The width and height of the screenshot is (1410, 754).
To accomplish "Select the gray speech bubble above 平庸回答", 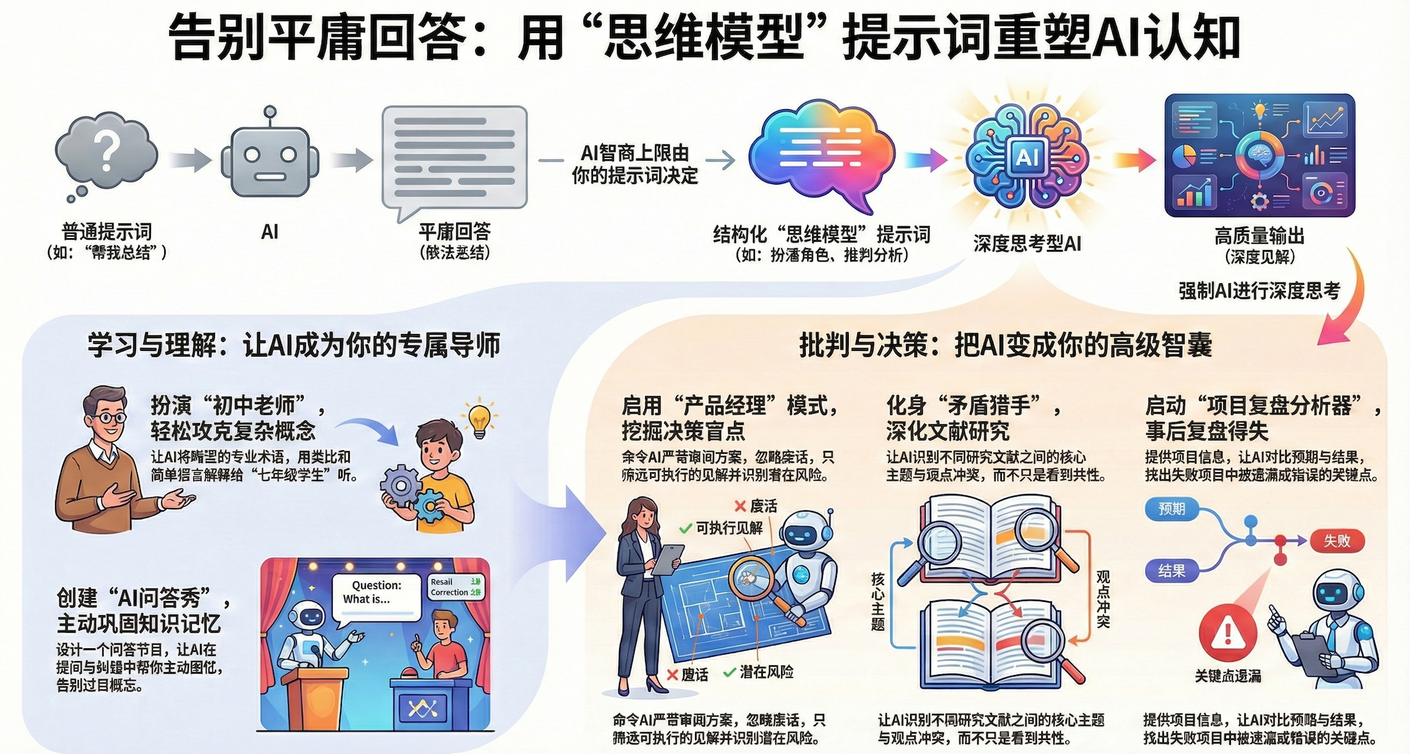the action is (x=454, y=159).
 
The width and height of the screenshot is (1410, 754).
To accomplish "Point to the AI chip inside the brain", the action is (x=1027, y=156).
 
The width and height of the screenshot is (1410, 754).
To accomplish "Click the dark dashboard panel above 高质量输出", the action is (x=1260, y=155).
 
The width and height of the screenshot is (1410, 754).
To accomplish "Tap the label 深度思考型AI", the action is (x=1027, y=244).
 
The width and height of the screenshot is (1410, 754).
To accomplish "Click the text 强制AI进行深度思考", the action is (x=1259, y=290).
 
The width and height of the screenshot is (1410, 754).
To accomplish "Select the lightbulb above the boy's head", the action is (x=479, y=419).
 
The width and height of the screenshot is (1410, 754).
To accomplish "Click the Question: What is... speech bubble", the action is (x=376, y=595).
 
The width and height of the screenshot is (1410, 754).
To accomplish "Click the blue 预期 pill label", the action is (x=1172, y=509).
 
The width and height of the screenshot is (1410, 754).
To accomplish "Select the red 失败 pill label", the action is (x=1337, y=540).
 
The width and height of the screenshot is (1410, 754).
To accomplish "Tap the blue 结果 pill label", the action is (x=1172, y=571).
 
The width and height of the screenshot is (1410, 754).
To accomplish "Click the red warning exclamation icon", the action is (x=1227, y=631).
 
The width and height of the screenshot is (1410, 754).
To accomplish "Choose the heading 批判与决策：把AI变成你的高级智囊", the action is (x=1005, y=345).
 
